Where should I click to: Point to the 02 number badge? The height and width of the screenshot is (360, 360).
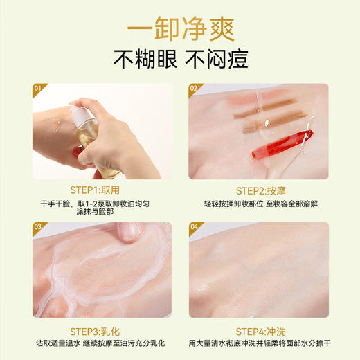195,88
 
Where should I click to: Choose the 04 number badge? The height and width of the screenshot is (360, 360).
195,226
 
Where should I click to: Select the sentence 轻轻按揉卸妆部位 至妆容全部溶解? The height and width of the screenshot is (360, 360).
266,204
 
